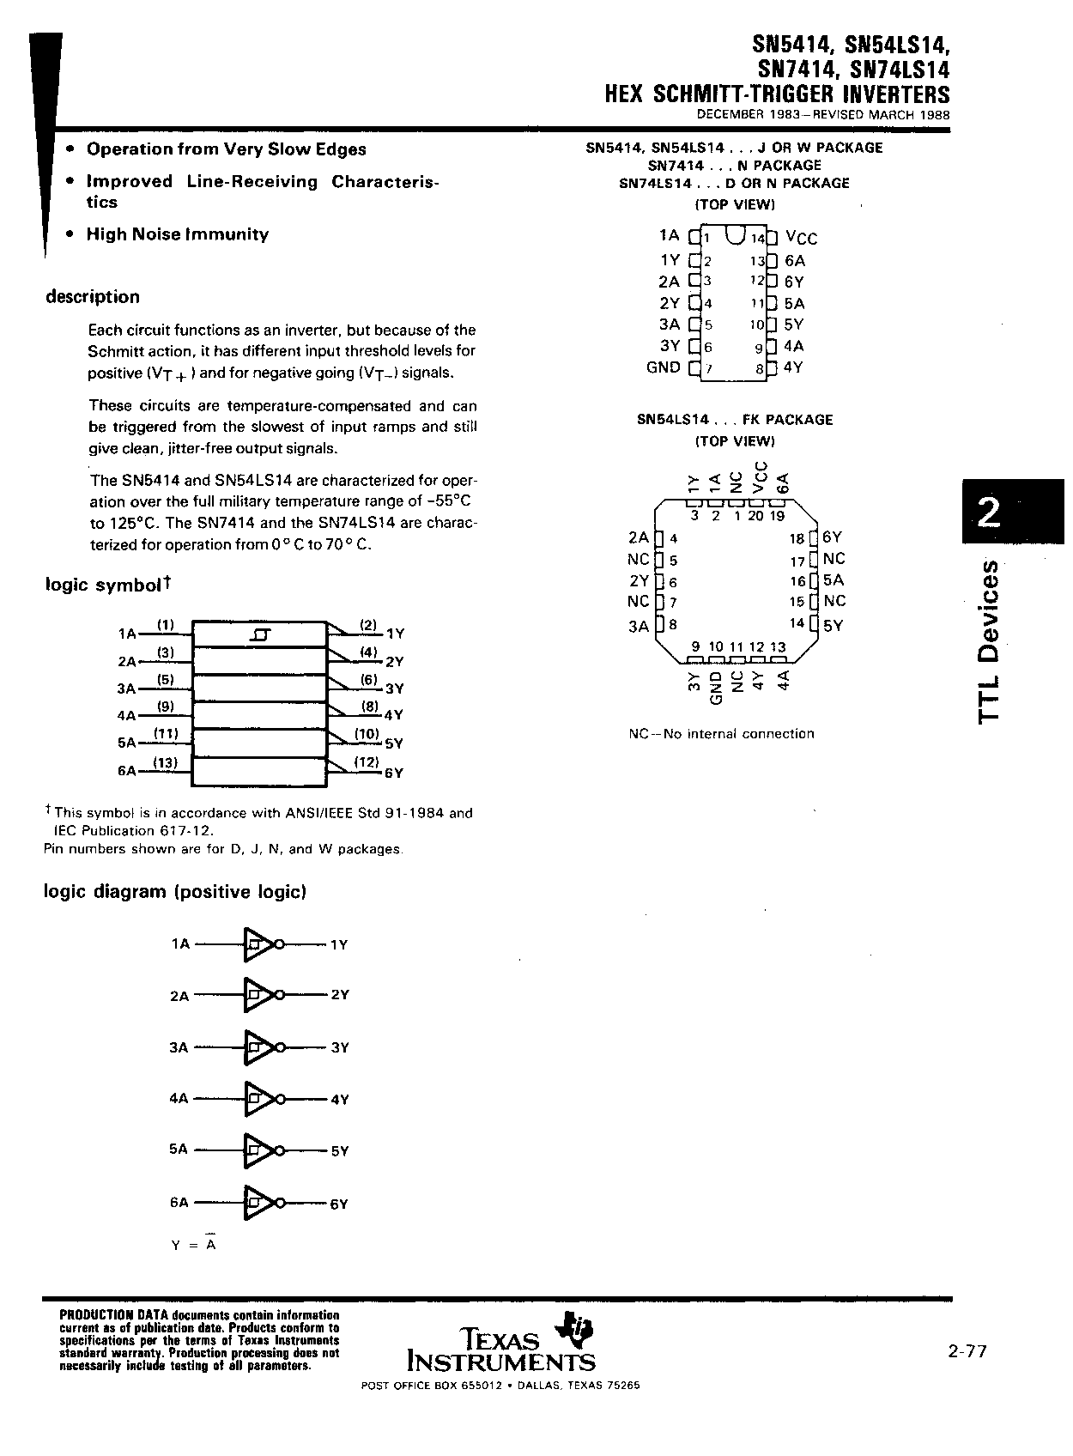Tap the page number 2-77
pos(967,1351)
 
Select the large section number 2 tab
pos(988,513)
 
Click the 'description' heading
pos(92,297)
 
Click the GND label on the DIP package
pos(663,367)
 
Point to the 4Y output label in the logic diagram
pos(340,1100)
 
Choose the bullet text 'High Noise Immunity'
pos(178,234)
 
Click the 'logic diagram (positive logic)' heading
pos(175,892)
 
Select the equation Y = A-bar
pos(194,1244)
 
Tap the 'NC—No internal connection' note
pos(721,734)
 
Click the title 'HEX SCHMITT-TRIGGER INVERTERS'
pos(778,94)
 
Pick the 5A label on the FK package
pos(833,580)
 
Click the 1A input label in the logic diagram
pos(180,944)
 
